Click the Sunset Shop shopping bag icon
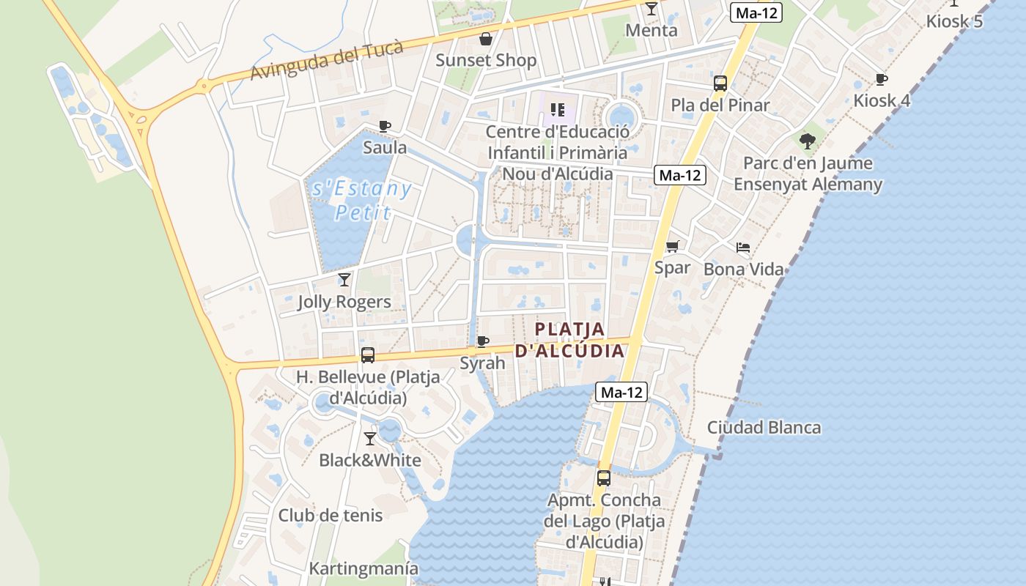click(485, 39)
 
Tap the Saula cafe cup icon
click(385, 126)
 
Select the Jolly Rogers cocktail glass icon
click(344, 279)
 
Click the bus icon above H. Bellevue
click(368, 355)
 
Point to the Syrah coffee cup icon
click(482, 341)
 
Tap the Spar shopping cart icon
click(673, 246)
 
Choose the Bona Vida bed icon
click(743, 248)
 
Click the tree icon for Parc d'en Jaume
click(808, 141)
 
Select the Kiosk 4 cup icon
click(882, 79)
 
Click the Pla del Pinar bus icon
click(720, 84)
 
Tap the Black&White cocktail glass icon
click(370, 438)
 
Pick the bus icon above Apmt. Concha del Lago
click(603, 478)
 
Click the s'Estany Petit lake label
click(362, 200)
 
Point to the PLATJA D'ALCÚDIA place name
click(570, 340)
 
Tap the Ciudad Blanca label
click(764, 427)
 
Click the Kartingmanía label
click(363, 568)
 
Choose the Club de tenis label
click(331, 515)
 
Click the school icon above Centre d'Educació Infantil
click(558, 111)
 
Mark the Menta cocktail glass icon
click(652, 9)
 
